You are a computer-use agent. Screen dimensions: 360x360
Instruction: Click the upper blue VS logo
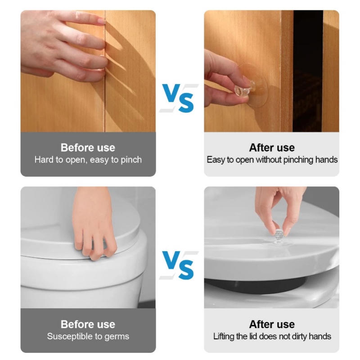(178, 98)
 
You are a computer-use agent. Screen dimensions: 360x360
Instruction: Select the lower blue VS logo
(178, 265)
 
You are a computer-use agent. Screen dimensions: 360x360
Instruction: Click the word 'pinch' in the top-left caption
(131, 160)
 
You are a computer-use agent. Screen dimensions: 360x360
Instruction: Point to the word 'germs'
(117, 337)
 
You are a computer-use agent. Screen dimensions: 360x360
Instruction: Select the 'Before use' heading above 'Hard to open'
(88, 148)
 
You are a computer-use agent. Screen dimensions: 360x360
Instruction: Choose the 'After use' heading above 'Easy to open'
(272, 148)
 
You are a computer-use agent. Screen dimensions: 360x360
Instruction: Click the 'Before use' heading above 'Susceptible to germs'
(88, 324)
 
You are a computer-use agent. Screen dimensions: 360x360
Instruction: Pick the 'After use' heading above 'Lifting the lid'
(272, 324)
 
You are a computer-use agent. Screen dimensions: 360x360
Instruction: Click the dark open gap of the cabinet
(308, 71)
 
